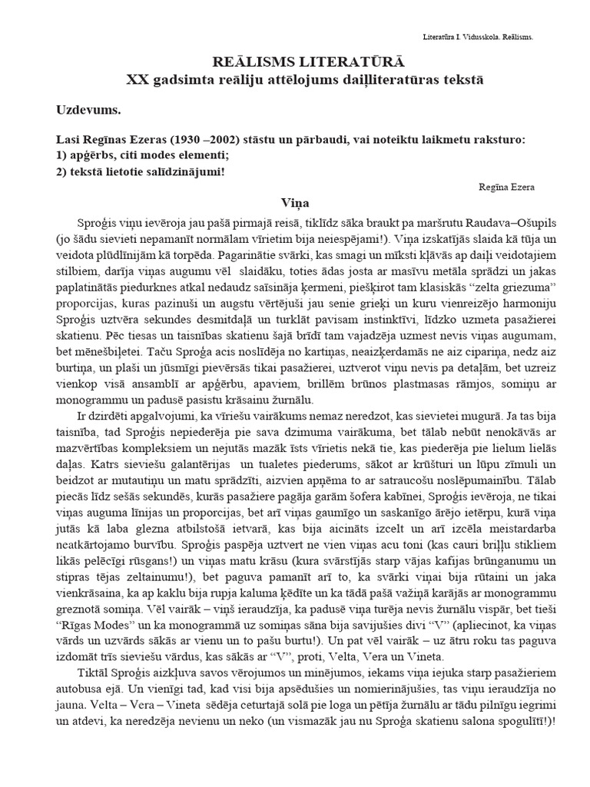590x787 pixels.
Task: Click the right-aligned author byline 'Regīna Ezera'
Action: pyautogui.click(x=505, y=187)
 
